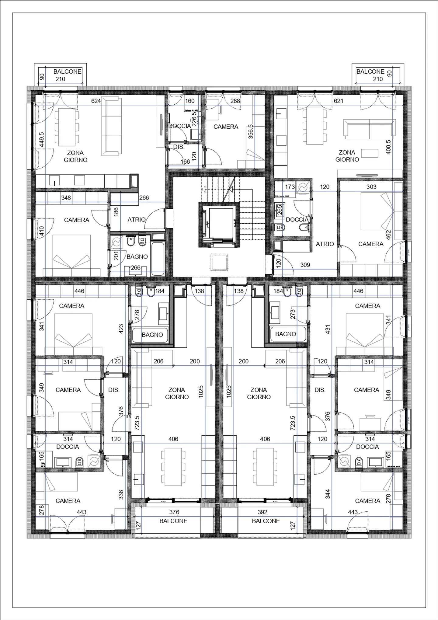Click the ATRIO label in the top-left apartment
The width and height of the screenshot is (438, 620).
coord(136,219)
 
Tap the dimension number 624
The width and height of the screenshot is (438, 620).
coord(96,101)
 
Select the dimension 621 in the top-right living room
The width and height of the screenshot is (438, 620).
coord(339,101)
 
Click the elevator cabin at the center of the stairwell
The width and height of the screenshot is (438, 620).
coord(218,225)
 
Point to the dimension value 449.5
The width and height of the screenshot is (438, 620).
coord(42,139)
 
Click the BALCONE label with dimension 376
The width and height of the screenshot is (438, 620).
coord(173,521)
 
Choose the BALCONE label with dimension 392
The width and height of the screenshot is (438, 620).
coord(266,521)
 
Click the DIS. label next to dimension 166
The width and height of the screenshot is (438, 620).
coord(179,147)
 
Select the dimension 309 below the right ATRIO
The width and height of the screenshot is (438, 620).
coord(305,265)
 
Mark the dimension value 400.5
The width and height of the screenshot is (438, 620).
coord(388,147)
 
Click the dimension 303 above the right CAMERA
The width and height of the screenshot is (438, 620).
coord(371,187)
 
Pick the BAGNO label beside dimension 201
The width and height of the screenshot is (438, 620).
coord(137,257)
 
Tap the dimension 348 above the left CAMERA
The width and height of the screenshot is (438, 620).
coord(66,198)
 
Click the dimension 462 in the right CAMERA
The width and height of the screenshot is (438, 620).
coord(388,235)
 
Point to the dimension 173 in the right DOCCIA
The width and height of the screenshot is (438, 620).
coord(290,187)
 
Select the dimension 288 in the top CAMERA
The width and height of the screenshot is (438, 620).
coord(235,101)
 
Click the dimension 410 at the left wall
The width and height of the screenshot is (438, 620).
coord(42,231)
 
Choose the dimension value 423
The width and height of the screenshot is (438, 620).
coord(121,329)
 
